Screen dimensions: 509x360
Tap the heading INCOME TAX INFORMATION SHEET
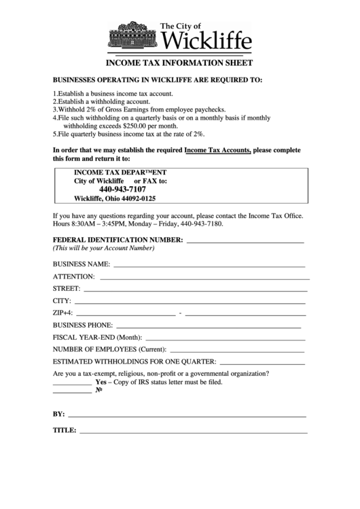(179, 63)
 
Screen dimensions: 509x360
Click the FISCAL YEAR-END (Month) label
(97, 338)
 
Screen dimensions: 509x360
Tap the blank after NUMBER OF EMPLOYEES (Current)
(237, 349)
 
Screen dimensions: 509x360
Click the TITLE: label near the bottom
(65, 430)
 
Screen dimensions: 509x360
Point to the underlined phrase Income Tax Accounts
(217, 150)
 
